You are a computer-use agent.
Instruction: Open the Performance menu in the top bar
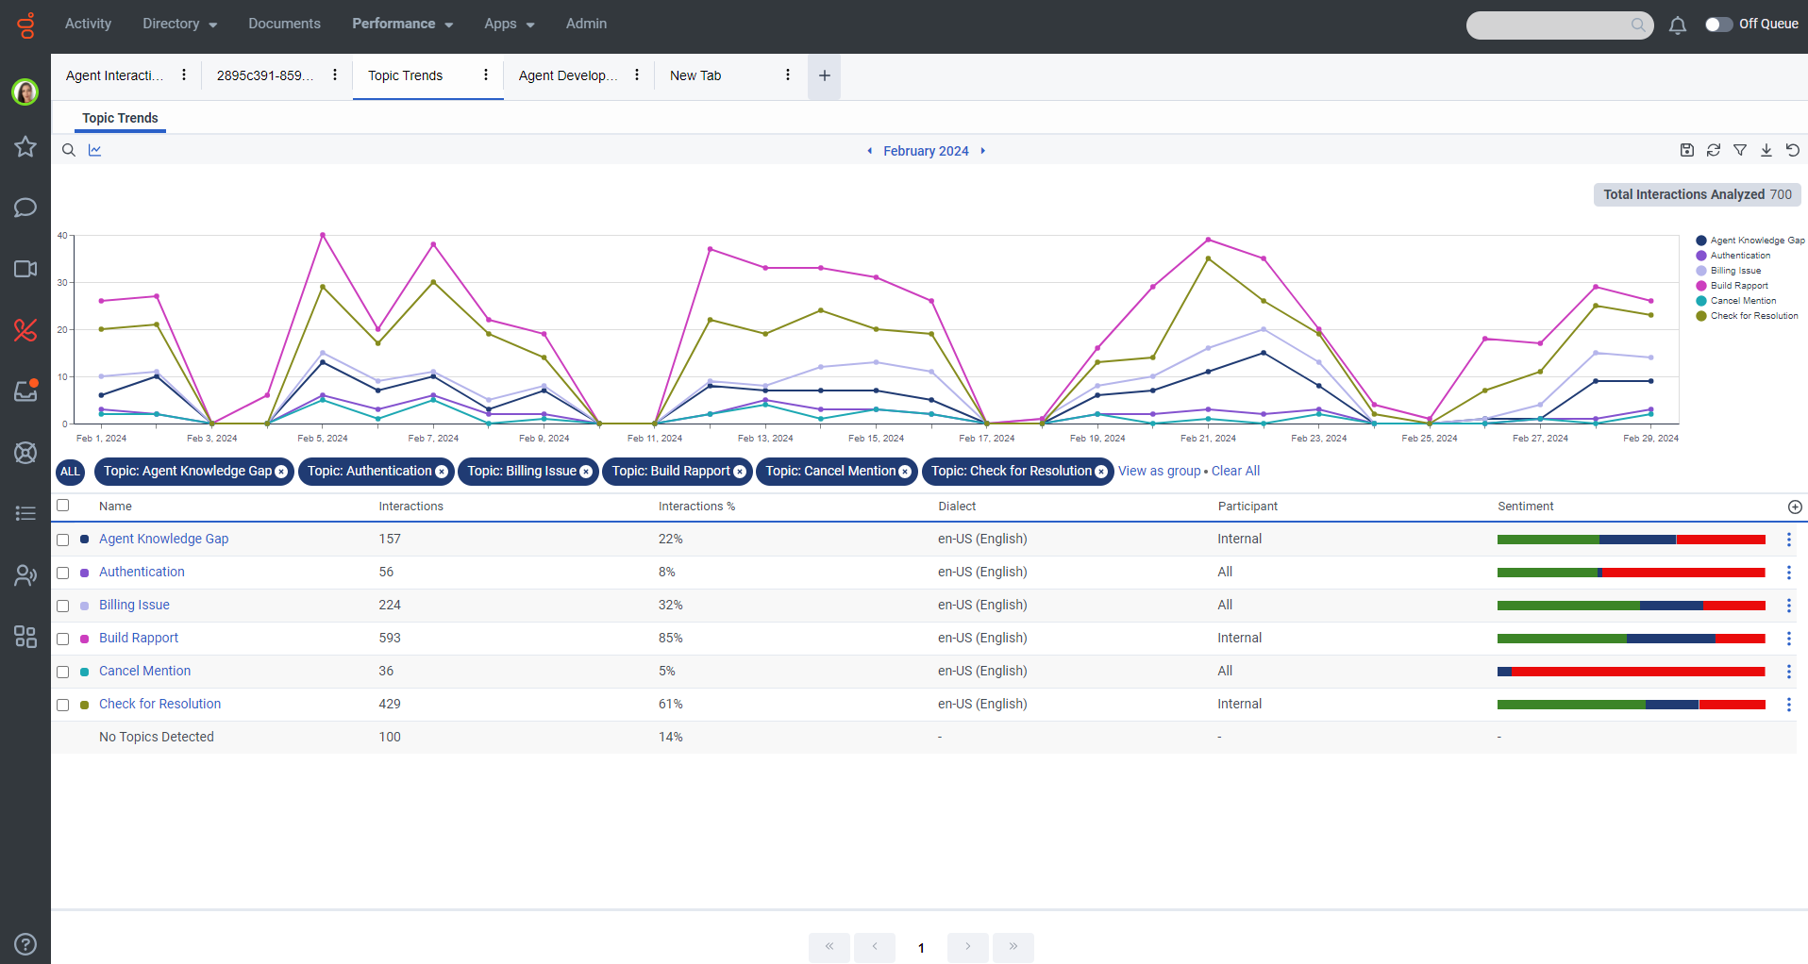tap(402, 24)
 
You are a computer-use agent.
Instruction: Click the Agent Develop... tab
tap(567, 75)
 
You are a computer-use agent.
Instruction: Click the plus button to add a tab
tap(824, 75)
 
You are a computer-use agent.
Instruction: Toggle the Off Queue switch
tap(1718, 24)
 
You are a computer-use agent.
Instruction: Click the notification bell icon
tap(1677, 25)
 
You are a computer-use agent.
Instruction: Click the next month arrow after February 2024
tap(982, 151)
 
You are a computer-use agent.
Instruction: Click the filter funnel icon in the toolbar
tap(1740, 150)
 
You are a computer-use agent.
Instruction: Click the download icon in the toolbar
tap(1766, 150)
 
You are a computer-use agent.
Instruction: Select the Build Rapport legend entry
tap(1738, 286)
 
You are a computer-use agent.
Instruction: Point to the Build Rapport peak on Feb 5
tap(323, 235)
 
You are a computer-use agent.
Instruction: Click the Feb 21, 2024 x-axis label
tap(1208, 438)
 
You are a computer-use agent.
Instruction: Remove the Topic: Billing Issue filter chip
tap(586, 472)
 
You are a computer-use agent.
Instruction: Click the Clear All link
tap(1235, 471)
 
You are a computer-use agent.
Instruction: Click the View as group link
tap(1159, 471)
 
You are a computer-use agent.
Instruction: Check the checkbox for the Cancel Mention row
tap(63, 672)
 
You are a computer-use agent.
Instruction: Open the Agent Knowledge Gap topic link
tap(163, 539)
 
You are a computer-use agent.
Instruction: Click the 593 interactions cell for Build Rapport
tap(390, 638)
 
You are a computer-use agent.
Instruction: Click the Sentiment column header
tap(1525, 507)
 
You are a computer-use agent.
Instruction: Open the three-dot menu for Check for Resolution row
tap(1788, 705)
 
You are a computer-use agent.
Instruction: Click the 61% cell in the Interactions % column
tap(670, 704)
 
